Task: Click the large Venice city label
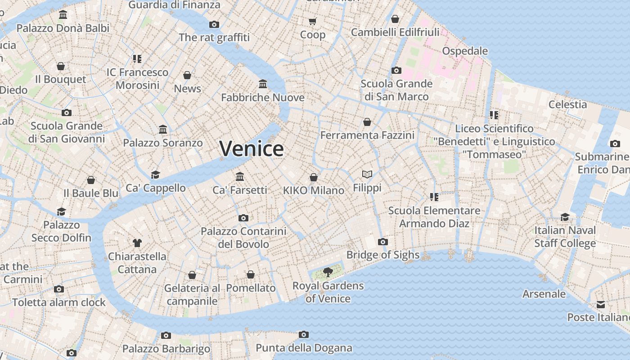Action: tap(252, 149)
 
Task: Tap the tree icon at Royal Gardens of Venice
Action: tap(328, 271)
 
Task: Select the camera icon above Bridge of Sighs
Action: tap(383, 242)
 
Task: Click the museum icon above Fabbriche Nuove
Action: tap(263, 84)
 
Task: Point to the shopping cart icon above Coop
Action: tap(313, 21)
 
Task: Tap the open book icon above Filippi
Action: tap(367, 174)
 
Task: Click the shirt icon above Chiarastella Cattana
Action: tap(137, 243)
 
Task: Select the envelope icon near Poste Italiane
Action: tap(601, 304)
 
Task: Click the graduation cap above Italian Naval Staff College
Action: tap(565, 217)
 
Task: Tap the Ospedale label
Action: tap(465, 51)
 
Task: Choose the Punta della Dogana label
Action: tap(304, 348)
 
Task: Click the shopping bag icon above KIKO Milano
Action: tap(314, 177)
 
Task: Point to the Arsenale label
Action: tap(544, 294)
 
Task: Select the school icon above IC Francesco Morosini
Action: tap(137, 58)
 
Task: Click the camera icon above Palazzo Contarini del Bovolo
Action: tap(243, 218)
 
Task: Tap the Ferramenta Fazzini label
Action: tap(367, 135)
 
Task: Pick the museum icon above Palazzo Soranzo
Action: tap(163, 130)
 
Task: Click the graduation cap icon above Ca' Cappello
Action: tap(155, 175)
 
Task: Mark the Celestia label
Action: tap(567, 104)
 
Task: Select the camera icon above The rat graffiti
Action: tap(214, 24)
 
